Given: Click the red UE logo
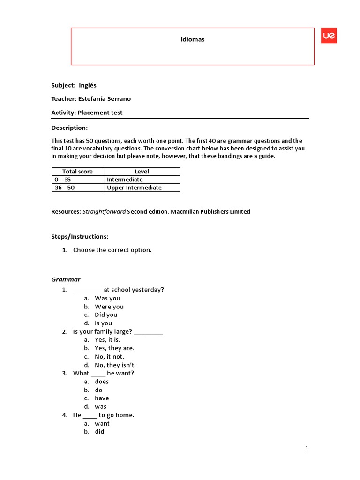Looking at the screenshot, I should [329, 36].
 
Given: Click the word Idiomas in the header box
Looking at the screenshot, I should [193, 39].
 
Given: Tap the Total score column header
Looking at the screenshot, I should [77, 172].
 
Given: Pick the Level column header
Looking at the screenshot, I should [142, 172].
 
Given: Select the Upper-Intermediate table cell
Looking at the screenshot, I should [134, 187].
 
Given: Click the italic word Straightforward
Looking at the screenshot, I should [104, 212].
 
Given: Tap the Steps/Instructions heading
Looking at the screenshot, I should [80, 237].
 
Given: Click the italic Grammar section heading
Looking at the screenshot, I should [66, 279].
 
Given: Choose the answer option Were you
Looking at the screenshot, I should [109, 307].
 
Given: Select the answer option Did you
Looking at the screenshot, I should [106, 315].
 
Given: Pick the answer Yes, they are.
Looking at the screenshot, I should [114, 348].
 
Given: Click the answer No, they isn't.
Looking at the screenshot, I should [115, 365].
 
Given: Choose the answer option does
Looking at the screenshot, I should [102, 382].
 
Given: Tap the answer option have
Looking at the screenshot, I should [102, 398].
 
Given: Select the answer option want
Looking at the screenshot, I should [102, 423].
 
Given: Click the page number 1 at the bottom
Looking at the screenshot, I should [307, 449].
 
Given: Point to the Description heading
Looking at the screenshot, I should [69, 128].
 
